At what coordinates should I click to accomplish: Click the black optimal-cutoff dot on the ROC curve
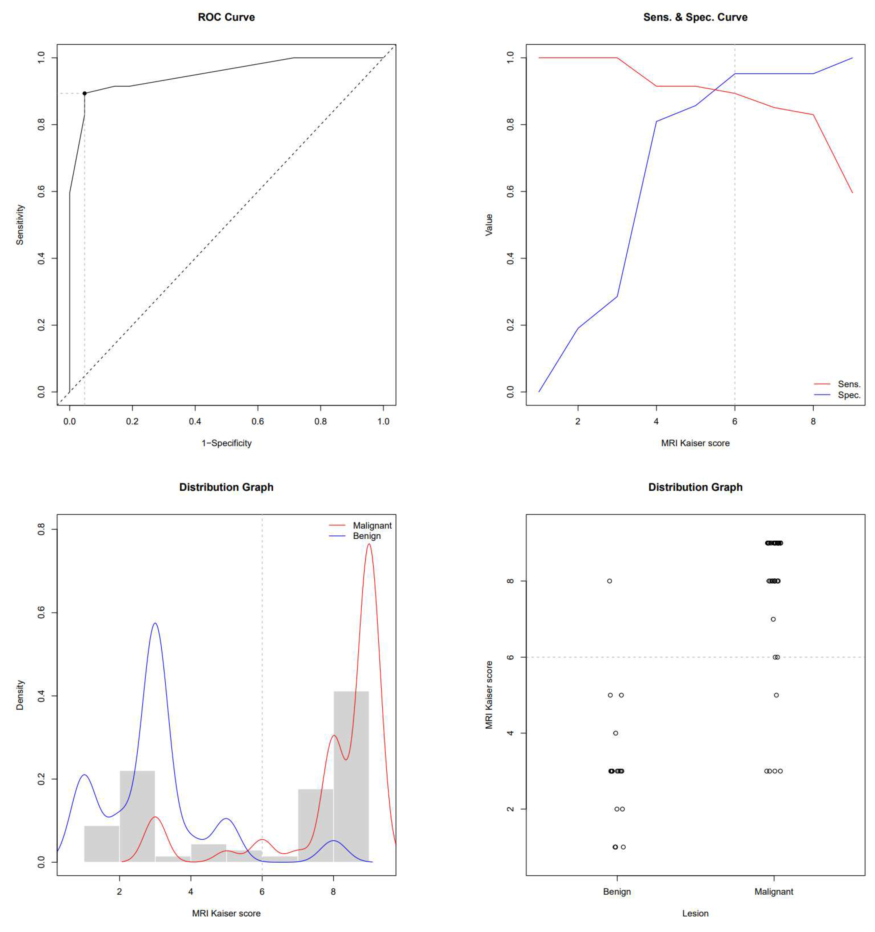[84, 93]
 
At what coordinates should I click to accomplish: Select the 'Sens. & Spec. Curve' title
[695, 17]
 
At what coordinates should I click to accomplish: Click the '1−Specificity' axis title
[226, 443]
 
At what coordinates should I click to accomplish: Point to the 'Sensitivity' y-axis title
[20, 225]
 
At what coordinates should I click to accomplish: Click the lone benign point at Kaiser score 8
[609, 581]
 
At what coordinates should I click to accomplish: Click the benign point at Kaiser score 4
[616, 733]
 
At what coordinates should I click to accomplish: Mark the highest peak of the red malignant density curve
[369, 544]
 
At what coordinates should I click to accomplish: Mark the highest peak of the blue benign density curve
[155, 624]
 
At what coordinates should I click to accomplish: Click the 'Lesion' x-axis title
[695, 913]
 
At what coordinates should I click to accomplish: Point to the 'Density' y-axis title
[20, 695]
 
